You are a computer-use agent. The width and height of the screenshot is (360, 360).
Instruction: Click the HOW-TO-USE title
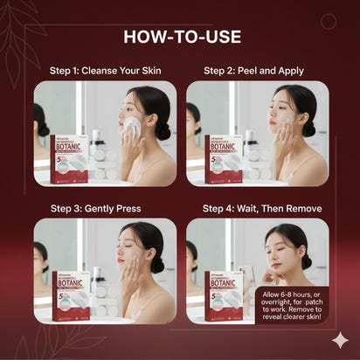point(180,37)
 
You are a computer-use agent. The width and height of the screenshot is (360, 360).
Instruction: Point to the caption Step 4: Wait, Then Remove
point(262,209)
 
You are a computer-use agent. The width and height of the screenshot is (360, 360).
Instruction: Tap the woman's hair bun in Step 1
point(163,129)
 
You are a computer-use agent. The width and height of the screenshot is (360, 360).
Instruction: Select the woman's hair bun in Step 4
point(307,260)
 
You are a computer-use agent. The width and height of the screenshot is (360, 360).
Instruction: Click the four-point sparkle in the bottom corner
point(339,341)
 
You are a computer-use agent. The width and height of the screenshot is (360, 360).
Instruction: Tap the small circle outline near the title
point(328,22)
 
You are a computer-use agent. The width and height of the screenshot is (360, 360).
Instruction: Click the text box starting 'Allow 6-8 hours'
point(293,305)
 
